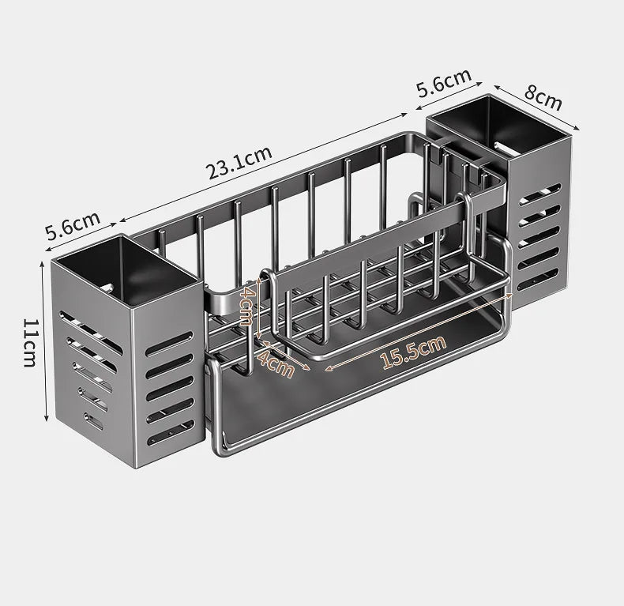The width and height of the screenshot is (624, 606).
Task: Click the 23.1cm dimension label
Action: tap(239, 161)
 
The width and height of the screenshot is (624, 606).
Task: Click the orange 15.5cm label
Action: tap(413, 352)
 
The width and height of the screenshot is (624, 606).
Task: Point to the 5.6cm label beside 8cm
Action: tap(444, 83)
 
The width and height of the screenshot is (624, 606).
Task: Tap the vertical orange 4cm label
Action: tap(247, 307)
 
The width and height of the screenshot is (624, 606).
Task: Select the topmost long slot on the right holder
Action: tap(543, 191)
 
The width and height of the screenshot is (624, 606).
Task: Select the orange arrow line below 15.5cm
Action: tap(419, 332)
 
